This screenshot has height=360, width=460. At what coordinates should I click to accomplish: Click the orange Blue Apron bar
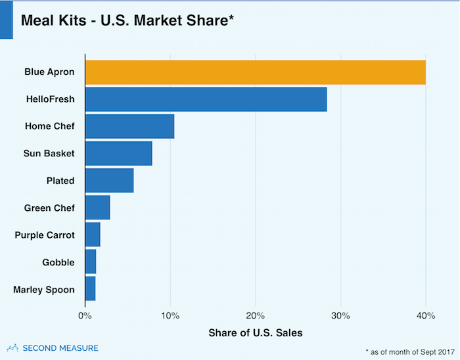coord(255,72)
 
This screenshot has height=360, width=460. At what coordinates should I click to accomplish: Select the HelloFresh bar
coord(206,99)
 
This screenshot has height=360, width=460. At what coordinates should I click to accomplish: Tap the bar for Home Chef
coord(129,126)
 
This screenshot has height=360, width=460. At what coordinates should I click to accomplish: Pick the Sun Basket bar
coord(118,153)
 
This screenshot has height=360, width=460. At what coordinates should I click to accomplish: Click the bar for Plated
coord(109,181)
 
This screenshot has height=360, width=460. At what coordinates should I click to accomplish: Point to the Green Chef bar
coord(97,208)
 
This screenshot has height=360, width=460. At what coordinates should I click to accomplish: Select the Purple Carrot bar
coord(93,235)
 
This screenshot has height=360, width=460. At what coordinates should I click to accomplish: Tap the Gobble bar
coord(91,262)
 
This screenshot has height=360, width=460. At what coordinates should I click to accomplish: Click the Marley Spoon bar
coord(90,289)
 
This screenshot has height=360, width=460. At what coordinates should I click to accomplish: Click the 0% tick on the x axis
coord(85,315)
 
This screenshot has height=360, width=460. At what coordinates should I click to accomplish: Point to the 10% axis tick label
coord(170,315)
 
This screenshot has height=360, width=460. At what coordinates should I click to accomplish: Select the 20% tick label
coord(256,315)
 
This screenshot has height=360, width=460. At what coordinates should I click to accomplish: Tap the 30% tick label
coord(340,315)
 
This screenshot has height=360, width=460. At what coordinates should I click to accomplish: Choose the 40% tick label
coord(426,315)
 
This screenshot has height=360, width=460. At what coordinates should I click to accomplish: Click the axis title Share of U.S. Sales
coord(256,333)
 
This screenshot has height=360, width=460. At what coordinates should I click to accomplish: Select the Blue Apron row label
coord(50,72)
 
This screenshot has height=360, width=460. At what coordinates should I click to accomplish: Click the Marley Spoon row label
coord(44,289)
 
